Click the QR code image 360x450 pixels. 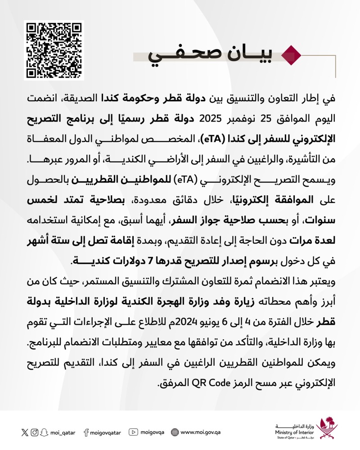(54, 50)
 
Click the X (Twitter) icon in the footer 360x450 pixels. (24, 432)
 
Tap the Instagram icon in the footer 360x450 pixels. (35, 432)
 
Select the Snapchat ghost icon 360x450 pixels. (44, 432)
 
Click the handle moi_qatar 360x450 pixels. (62, 432)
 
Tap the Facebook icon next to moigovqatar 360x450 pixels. (85, 432)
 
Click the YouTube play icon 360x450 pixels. (133, 432)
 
